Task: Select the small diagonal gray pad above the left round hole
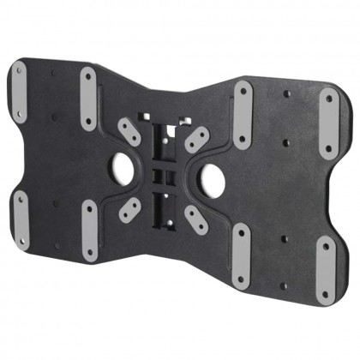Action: click(129, 132)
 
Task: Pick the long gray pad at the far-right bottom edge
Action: click(327, 269)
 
